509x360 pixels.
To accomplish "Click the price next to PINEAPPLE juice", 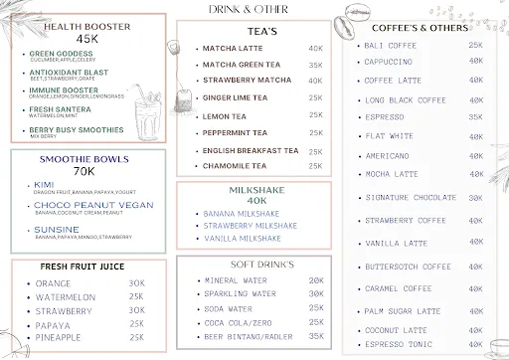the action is tap(136, 338).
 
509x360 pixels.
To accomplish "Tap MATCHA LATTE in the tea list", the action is tap(232, 48).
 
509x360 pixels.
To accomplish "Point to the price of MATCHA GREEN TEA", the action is tap(315, 65).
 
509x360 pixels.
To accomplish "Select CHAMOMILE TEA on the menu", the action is tap(240, 166).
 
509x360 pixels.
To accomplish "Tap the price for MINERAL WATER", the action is tap(316, 280).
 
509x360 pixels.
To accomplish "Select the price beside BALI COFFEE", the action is tap(475, 46).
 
